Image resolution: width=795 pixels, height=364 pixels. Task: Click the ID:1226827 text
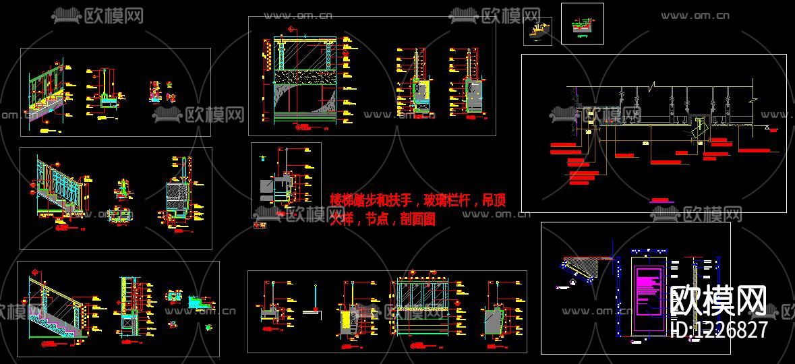719,330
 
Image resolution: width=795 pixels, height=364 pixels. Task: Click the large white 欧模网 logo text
719,301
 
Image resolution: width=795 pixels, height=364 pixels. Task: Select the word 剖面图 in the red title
417,218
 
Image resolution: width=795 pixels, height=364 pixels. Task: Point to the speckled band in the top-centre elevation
304,78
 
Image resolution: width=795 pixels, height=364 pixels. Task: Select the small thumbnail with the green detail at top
582,24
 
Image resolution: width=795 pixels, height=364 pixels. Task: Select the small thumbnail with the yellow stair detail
537,32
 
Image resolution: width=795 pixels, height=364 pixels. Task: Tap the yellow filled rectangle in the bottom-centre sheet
346,320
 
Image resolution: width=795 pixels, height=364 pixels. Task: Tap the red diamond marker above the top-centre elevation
291,29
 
